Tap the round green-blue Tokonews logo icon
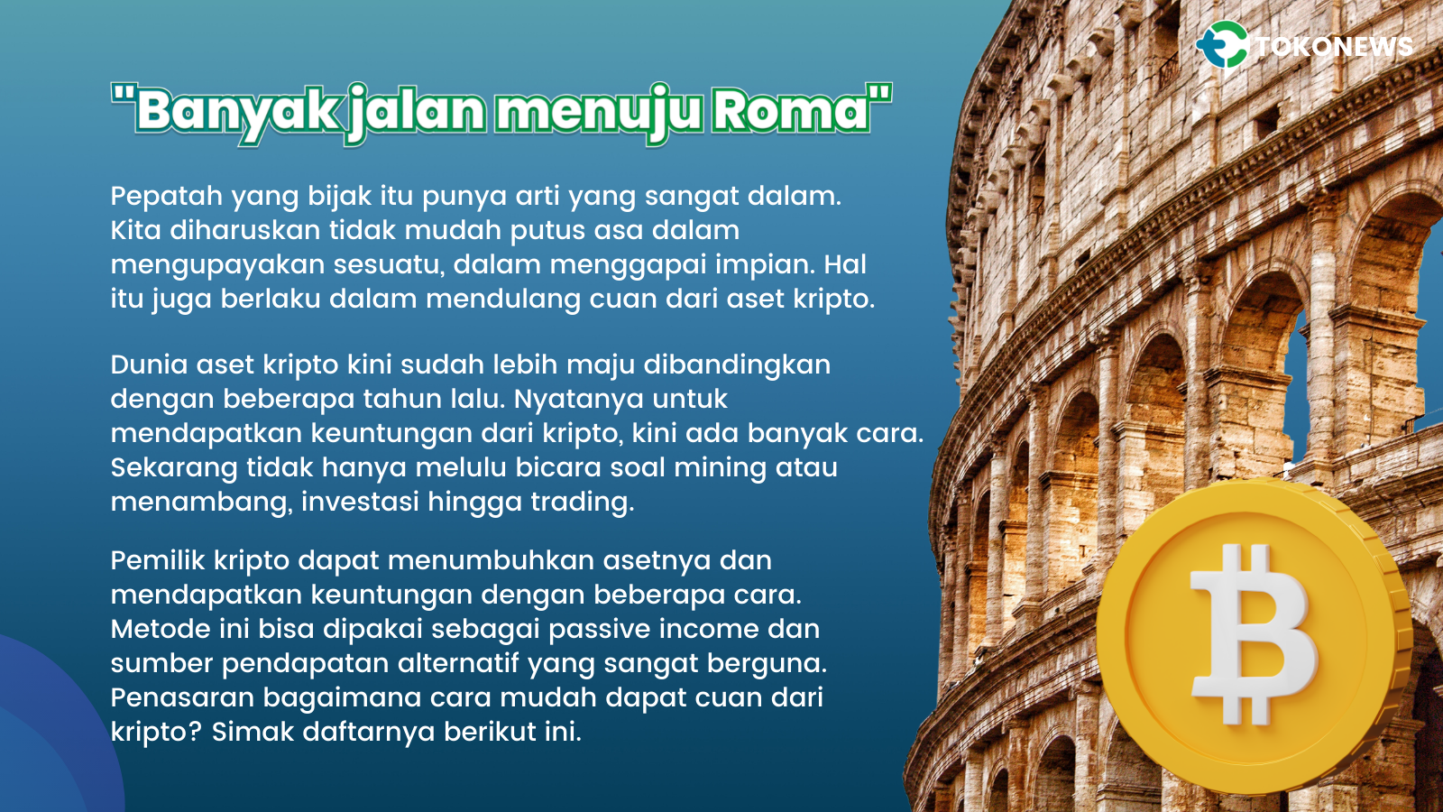(x=1222, y=45)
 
